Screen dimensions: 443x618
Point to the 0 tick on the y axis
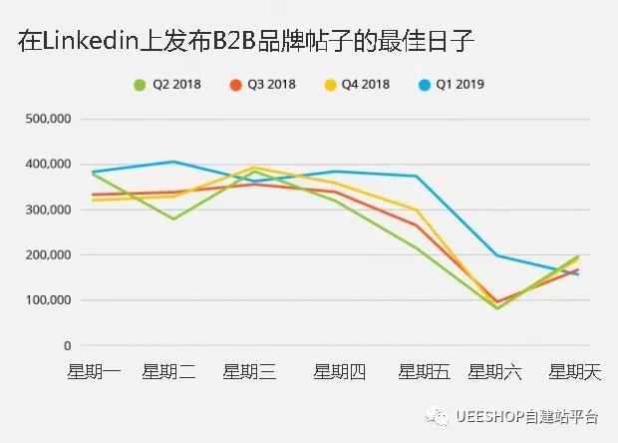point(66,345)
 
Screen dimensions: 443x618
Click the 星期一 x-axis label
point(94,373)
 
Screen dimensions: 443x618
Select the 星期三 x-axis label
point(249,373)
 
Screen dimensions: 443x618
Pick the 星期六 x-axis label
point(495,373)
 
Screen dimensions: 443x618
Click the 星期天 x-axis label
point(576,373)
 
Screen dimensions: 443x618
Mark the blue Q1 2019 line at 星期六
point(497,255)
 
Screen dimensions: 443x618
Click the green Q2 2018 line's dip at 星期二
point(174,219)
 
